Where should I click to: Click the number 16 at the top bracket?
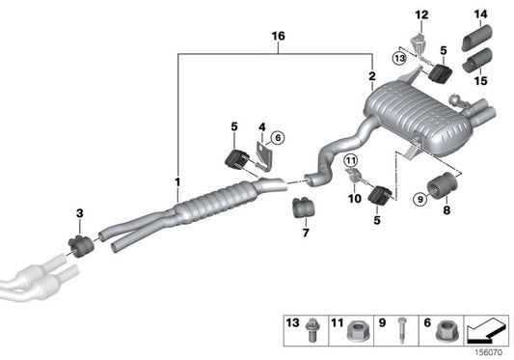278,36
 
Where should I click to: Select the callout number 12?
420,14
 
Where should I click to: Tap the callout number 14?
480,14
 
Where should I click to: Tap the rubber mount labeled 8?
442,185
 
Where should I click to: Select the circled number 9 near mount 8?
419,199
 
